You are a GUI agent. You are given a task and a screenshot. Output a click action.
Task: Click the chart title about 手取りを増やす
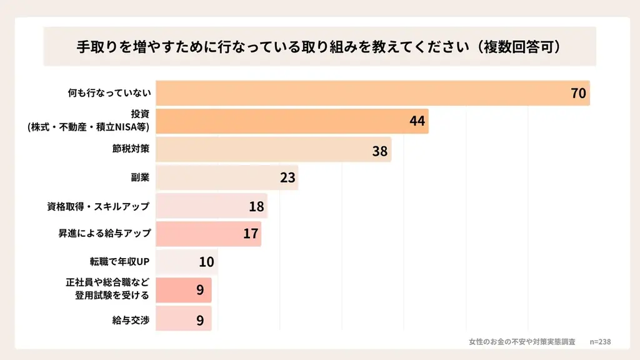(319, 47)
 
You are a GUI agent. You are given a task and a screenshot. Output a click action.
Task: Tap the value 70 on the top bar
(578, 94)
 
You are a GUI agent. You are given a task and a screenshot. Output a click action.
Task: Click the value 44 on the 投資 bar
(417, 121)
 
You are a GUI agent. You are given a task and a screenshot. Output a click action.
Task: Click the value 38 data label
(380, 151)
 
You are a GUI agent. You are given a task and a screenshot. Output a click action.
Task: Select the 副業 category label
(140, 177)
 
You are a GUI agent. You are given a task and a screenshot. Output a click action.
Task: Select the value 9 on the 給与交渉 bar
(200, 319)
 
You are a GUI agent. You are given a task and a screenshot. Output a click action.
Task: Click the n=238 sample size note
(600, 342)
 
